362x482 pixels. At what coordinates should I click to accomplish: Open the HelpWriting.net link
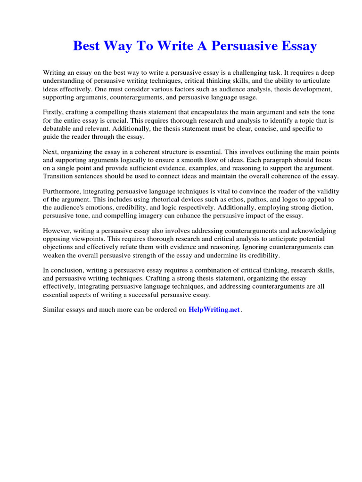pyautogui.click(x=214, y=310)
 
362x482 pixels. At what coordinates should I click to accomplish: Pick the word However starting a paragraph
pyautogui.click(x=57, y=231)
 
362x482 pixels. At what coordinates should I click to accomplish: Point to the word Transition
pyautogui.click(x=58, y=176)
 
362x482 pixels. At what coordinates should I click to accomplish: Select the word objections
pyautogui.click(x=59, y=247)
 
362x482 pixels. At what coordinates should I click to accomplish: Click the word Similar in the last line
pyautogui.click(x=55, y=310)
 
